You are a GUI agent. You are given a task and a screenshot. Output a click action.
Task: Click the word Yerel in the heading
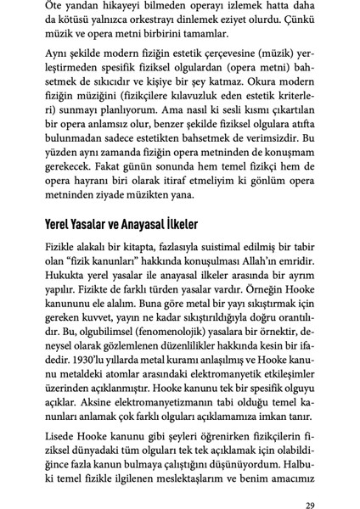[x=64, y=227]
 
